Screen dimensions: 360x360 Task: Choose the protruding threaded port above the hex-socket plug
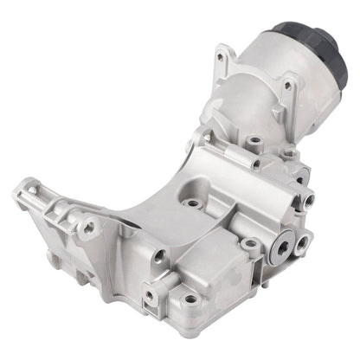coord(306,200)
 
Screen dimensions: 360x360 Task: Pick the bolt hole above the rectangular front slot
coord(159,255)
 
